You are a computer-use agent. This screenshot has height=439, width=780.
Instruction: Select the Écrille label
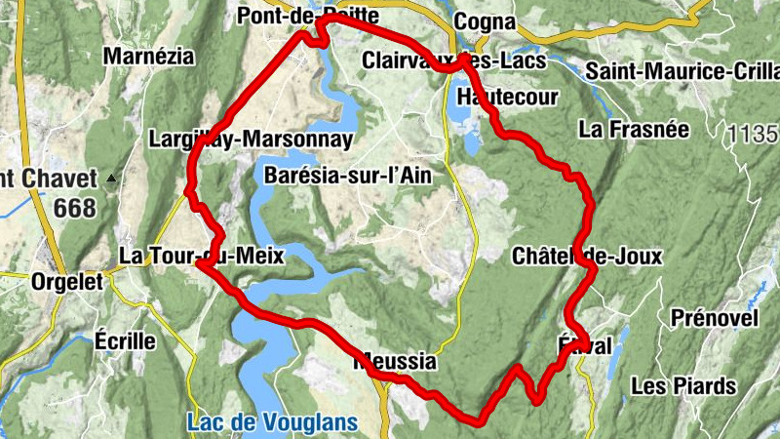coord(125,340)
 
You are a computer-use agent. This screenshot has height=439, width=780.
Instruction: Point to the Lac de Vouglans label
coord(271,423)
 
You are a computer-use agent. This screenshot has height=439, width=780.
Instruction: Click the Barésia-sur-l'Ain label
coord(347,177)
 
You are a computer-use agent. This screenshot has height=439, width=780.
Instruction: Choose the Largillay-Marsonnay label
coord(251,140)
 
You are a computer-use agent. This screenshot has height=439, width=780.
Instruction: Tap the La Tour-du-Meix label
coord(201,257)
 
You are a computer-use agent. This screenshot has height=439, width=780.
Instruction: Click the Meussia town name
coord(397,362)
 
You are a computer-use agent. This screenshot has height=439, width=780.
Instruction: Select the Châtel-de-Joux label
coord(586,257)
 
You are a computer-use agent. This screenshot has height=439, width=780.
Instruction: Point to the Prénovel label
coord(715,318)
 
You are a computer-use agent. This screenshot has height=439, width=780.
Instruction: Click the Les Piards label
coord(683,386)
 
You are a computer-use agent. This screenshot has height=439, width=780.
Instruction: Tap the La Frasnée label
coord(633,129)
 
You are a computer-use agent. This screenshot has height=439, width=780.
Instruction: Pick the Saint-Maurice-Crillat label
coord(682,71)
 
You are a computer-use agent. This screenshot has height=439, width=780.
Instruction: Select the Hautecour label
coord(507,97)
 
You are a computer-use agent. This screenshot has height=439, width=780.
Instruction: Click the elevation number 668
coord(75,208)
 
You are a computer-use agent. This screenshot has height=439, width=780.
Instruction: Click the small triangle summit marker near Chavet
coord(112,179)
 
